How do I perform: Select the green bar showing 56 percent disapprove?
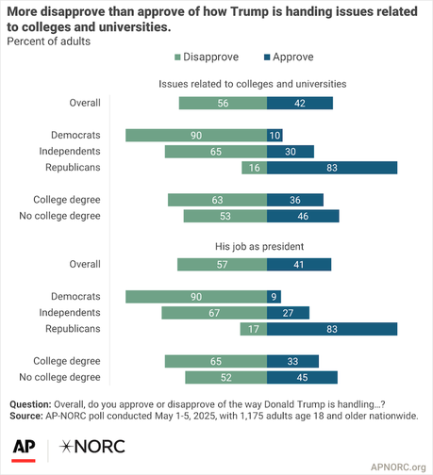coord(223,103)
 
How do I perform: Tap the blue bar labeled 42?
coord(299,103)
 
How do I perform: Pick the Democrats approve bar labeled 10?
coord(275,135)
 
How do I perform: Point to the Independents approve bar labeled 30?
coord(291,151)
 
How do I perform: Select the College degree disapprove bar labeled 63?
coord(217,199)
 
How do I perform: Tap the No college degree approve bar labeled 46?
coord(303,216)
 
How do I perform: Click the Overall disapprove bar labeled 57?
coord(222,265)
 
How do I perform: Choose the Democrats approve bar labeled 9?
coord(274,297)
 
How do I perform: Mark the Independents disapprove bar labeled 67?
coord(214,313)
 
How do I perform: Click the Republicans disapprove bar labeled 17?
coord(253,329)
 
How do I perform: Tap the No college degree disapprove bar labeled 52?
coord(225,378)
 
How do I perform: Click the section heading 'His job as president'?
coord(266,247)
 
